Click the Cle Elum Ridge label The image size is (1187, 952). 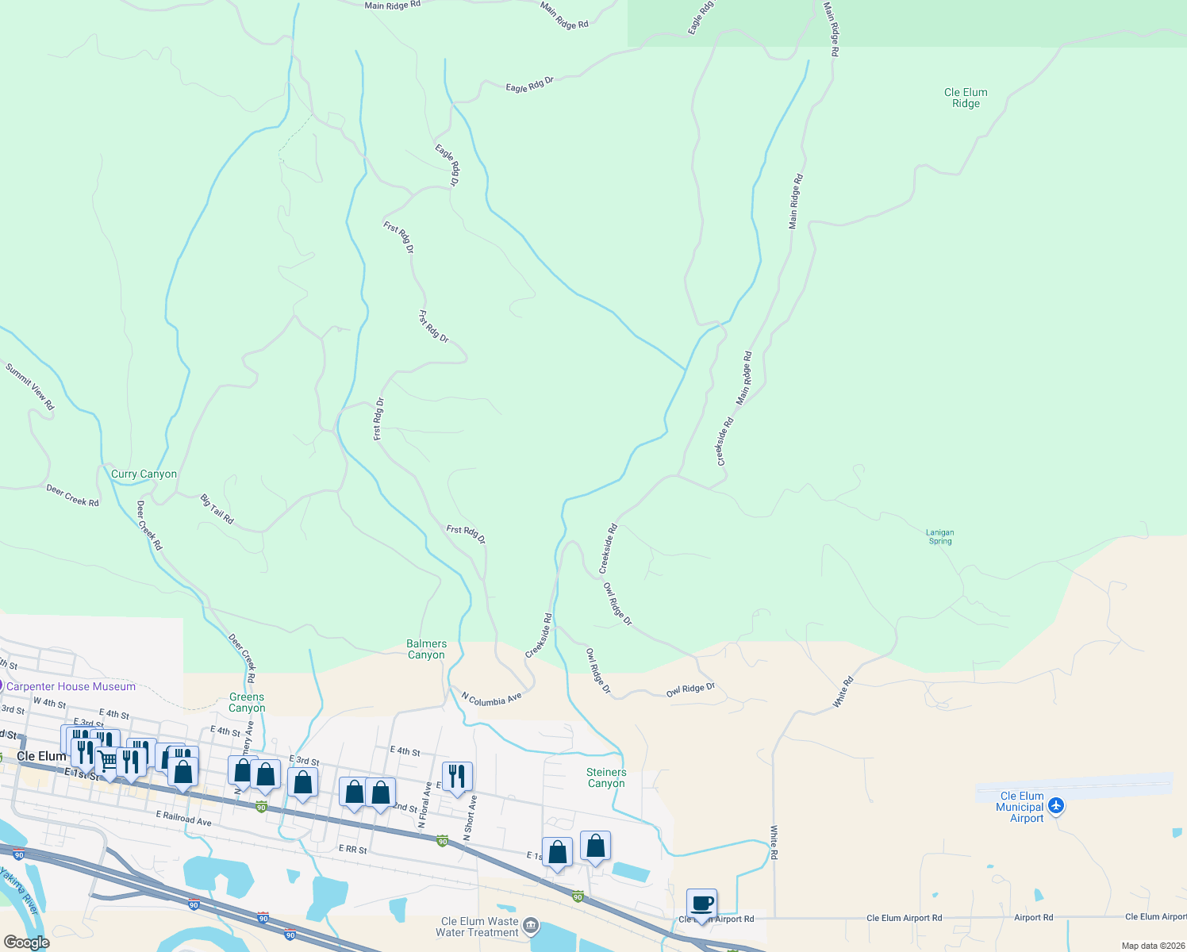[x=966, y=98]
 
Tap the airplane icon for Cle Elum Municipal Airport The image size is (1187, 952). [x=1055, y=806]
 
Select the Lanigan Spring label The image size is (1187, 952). [x=940, y=537]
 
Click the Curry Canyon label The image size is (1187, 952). [x=144, y=474]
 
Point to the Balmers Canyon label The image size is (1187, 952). [x=427, y=649]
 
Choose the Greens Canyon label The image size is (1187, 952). [x=247, y=702]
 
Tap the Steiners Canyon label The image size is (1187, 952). [x=606, y=777]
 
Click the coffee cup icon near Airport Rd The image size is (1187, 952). [x=701, y=903]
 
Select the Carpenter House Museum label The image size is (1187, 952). [x=71, y=686]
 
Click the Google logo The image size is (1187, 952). [x=27, y=942]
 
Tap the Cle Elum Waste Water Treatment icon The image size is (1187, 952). [x=531, y=926]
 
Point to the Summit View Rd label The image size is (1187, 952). [x=30, y=386]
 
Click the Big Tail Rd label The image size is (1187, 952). [x=217, y=509]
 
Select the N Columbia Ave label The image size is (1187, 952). [x=492, y=699]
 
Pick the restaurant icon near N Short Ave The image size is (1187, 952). [x=456, y=775]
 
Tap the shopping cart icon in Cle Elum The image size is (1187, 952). [x=108, y=761]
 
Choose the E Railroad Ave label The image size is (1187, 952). [x=184, y=818]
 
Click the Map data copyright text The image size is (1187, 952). [x=1153, y=946]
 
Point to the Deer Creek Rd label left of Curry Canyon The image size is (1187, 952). [x=72, y=496]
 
